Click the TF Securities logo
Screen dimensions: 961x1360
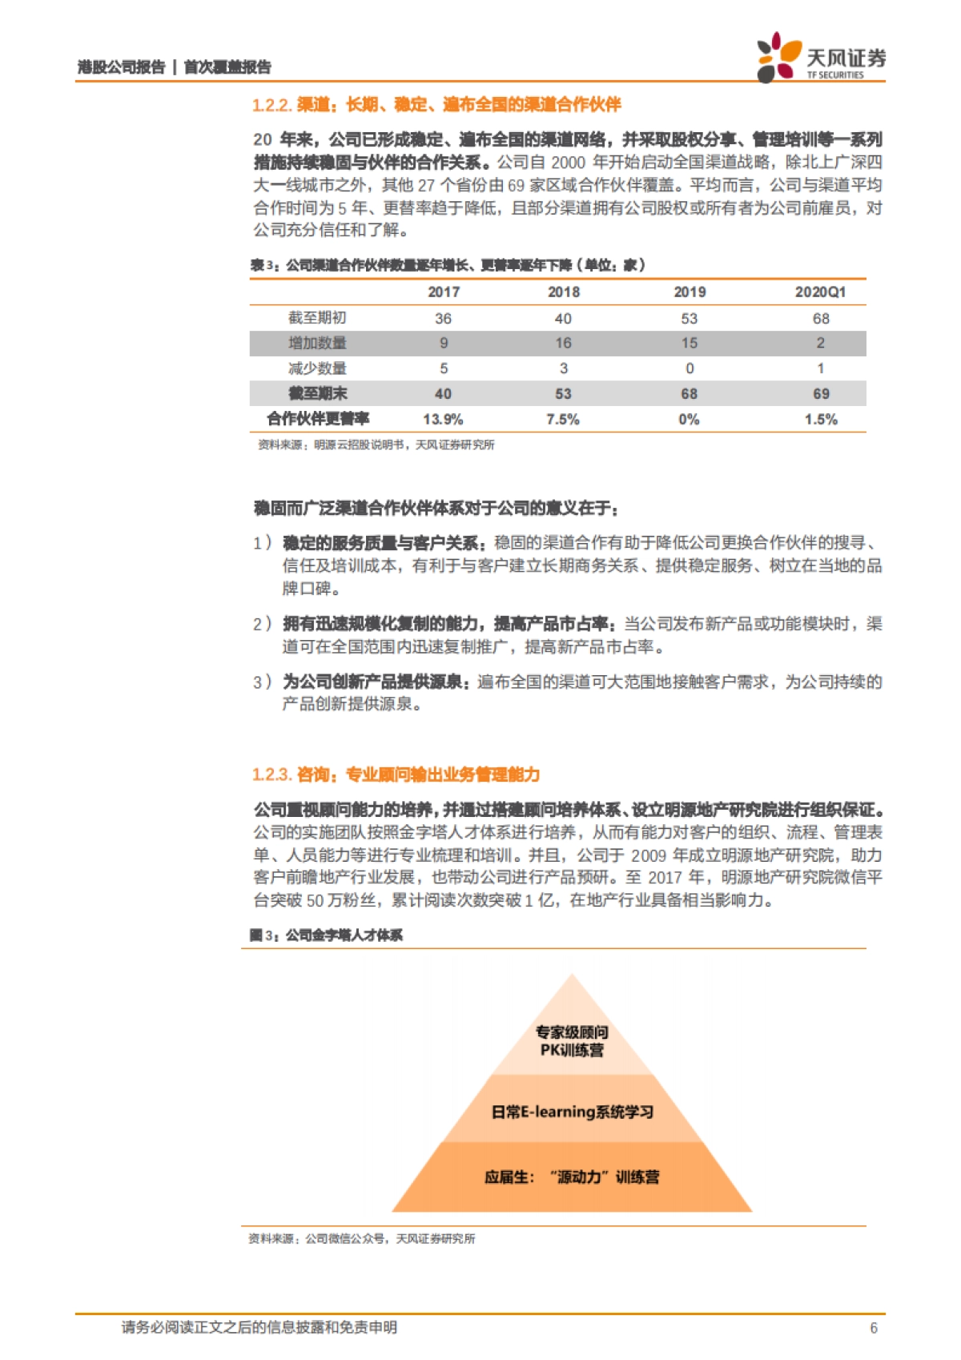(821, 58)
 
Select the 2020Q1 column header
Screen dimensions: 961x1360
(820, 292)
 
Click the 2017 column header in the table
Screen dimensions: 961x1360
(444, 292)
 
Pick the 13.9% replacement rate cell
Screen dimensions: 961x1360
(443, 419)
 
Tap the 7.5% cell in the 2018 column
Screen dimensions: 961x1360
(563, 419)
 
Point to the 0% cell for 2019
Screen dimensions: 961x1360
(689, 419)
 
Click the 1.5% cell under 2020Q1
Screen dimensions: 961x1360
(821, 419)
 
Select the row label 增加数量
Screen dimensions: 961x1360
(317, 343)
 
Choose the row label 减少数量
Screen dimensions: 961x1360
(317, 368)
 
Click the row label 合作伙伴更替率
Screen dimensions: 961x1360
(318, 419)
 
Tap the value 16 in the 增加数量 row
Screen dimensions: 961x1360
(563, 343)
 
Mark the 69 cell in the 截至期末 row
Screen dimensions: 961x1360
(821, 393)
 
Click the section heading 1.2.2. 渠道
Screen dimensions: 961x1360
(436, 105)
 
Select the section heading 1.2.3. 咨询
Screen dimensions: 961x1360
(396, 775)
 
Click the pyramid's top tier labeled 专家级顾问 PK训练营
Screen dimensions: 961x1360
(572, 1040)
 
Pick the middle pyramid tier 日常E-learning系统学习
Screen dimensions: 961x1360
(572, 1112)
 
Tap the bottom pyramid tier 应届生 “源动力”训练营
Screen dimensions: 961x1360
(572, 1177)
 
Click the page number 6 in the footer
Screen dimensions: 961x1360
(874, 1328)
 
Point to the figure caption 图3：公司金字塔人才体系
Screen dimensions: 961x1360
(326, 935)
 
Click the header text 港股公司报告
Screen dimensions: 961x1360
(121, 67)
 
